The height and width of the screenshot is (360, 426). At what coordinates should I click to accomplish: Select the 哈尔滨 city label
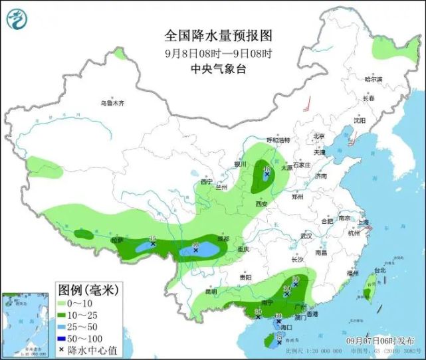click(x=374, y=79)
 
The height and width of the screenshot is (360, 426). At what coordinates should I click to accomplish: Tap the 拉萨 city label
click(x=117, y=240)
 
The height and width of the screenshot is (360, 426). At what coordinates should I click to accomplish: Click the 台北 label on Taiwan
click(x=379, y=270)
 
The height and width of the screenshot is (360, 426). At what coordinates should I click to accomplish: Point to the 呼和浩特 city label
click(x=278, y=140)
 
